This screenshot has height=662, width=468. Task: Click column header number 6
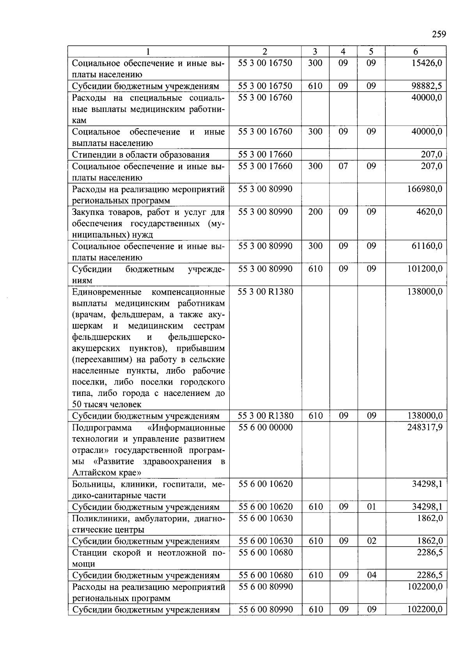click(416, 51)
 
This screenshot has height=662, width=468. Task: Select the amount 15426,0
click(427, 63)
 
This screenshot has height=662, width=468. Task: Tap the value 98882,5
click(427, 86)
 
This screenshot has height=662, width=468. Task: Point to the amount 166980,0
click(425, 189)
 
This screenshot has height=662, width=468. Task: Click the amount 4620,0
click(429, 212)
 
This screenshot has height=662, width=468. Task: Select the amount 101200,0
click(425, 269)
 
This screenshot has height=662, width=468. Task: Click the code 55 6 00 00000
click(265, 427)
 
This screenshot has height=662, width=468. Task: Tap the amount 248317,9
click(425, 427)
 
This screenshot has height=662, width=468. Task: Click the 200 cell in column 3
click(315, 212)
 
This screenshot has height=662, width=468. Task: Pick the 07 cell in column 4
click(343, 166)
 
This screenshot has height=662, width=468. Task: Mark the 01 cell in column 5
click(372, 507)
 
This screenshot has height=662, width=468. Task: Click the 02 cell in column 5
click(372, 541)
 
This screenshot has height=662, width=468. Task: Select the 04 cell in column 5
click(372, 575)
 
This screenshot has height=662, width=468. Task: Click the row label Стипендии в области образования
click(141, 155)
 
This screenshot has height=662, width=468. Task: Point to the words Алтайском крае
click(106, 473)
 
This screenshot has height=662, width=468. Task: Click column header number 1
click(148, 51)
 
